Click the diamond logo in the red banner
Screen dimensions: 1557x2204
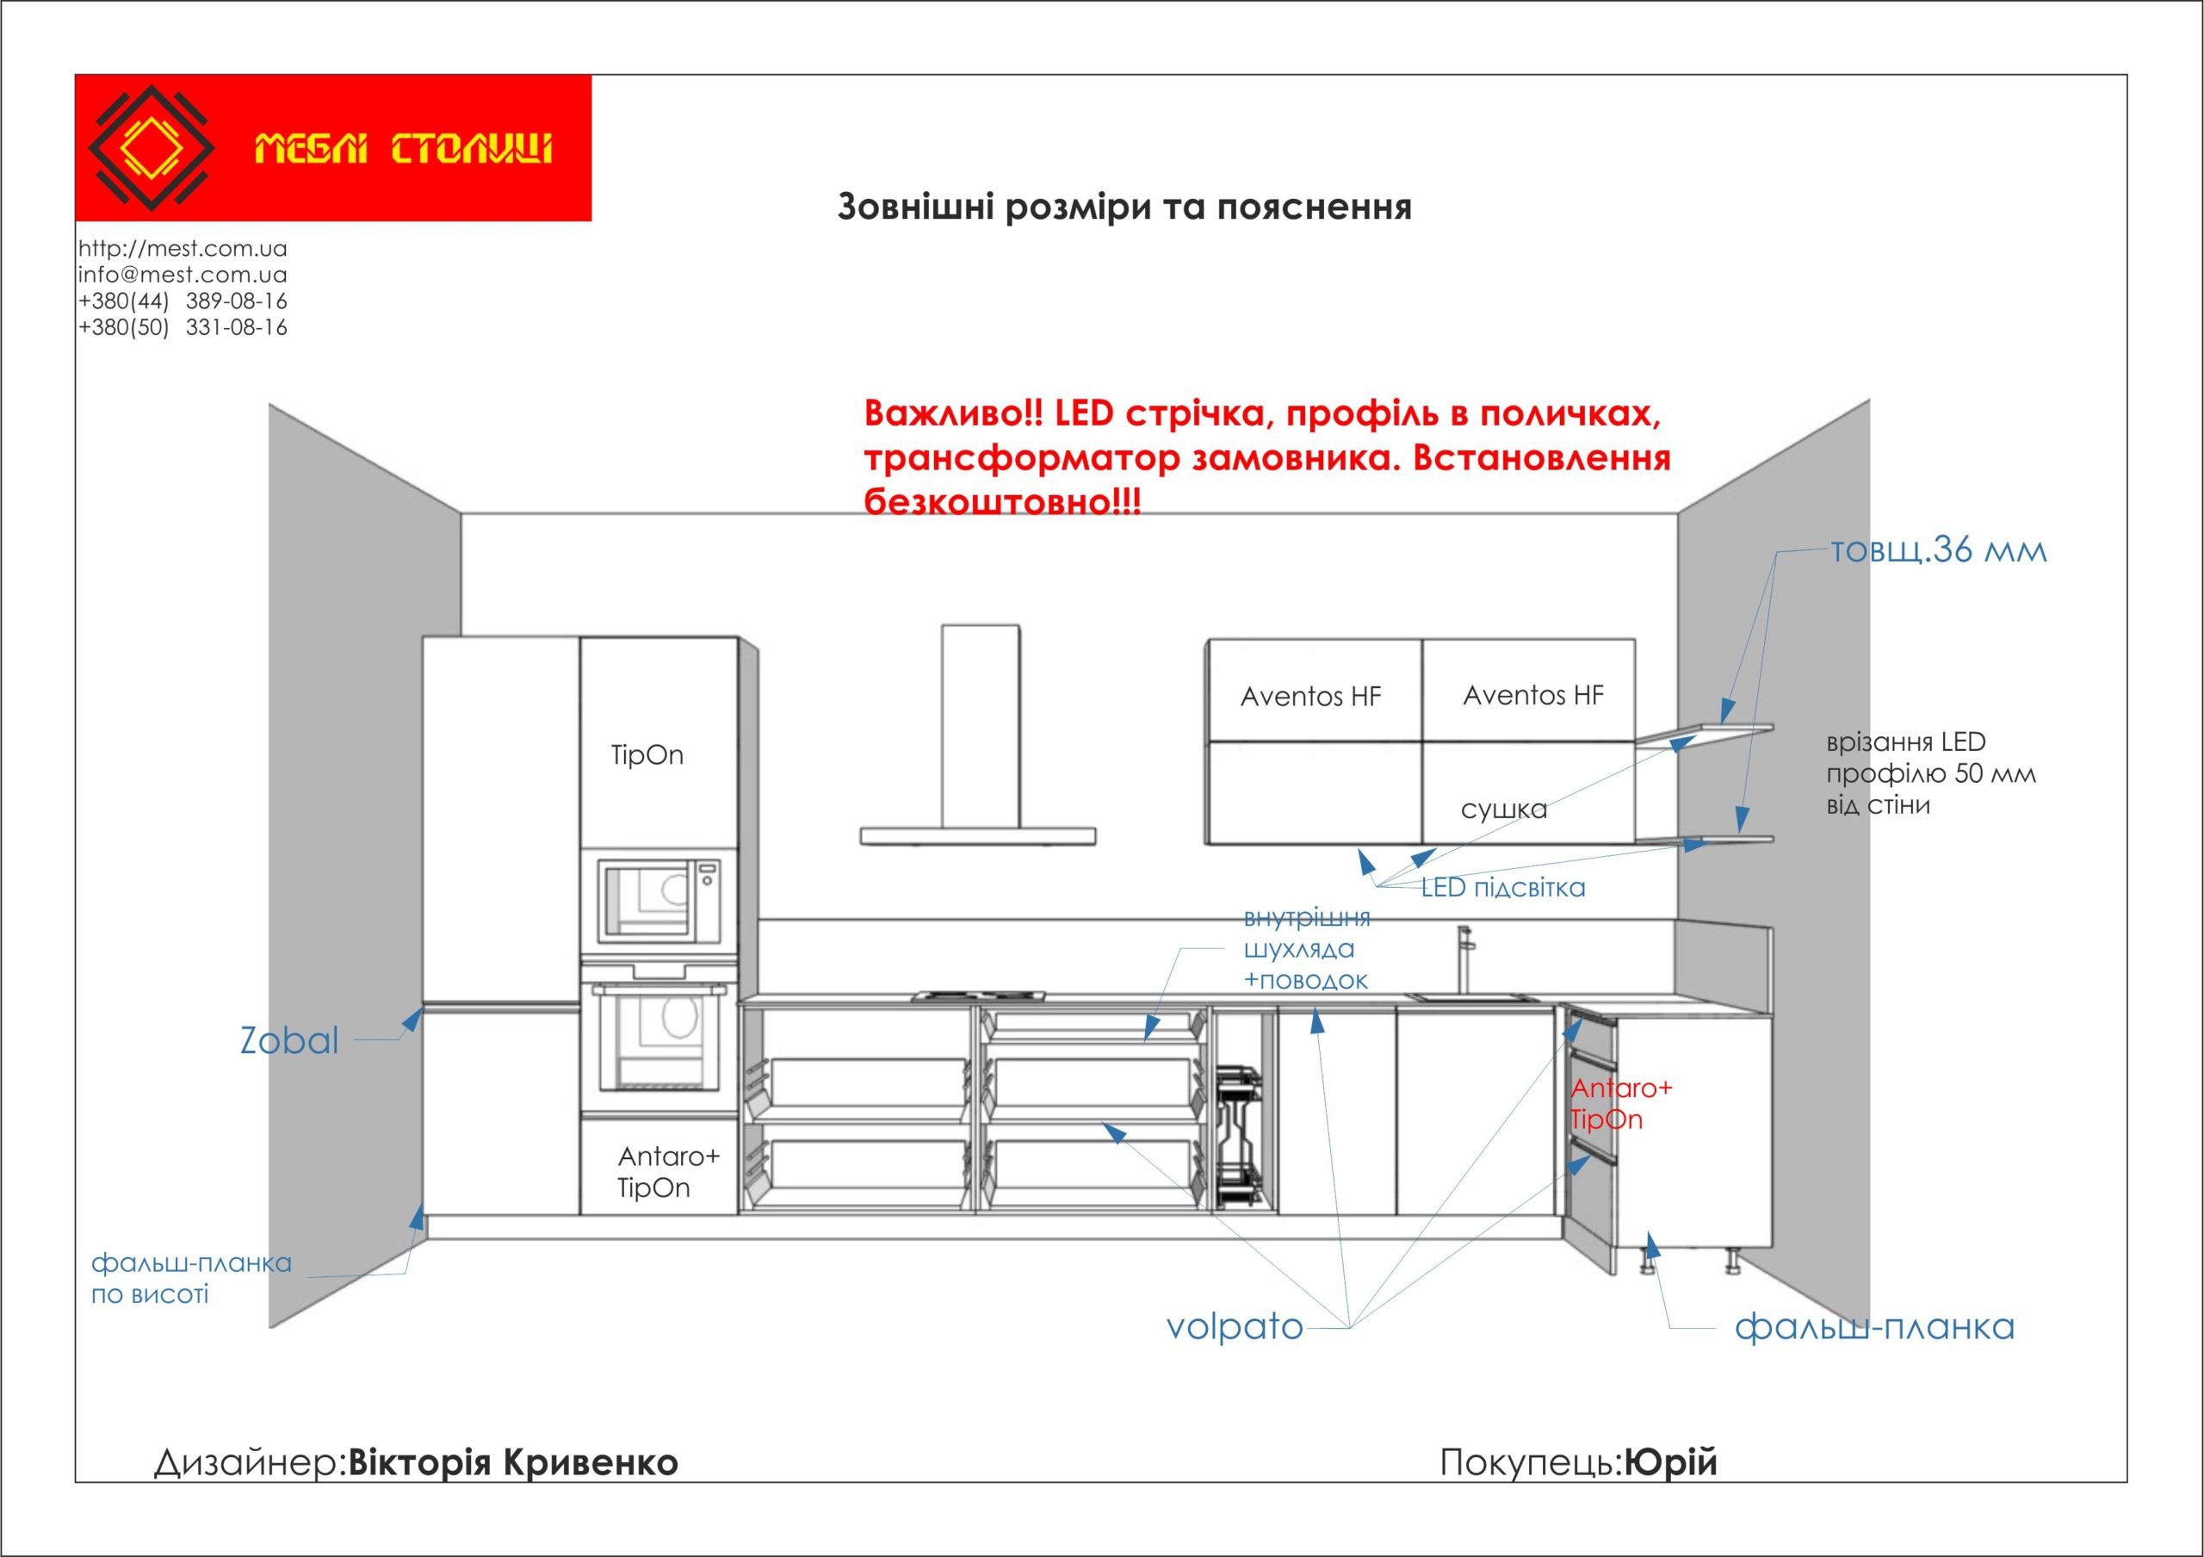coord(151,148)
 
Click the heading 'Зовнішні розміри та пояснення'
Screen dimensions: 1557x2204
coord(1124,208)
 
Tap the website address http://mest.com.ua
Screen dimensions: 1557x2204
coord(183,249)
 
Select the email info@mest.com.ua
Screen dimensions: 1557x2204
coord(183,275)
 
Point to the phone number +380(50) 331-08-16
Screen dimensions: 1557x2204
coord(183,327)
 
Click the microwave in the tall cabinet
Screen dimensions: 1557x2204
coord(659,901)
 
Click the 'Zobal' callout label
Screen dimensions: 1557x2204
coord(289,1041)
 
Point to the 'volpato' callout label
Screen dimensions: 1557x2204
coord(1235,1326)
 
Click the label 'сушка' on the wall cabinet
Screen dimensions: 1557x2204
coord(1503,810)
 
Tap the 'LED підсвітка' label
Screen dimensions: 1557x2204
coord(1503,888)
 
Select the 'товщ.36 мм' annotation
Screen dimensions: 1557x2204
coord(1939,550)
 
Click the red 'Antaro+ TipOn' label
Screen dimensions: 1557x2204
coord(1620,1104)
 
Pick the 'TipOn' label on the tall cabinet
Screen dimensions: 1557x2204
coord(647,755)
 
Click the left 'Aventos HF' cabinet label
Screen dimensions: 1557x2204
coord(1310,697)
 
